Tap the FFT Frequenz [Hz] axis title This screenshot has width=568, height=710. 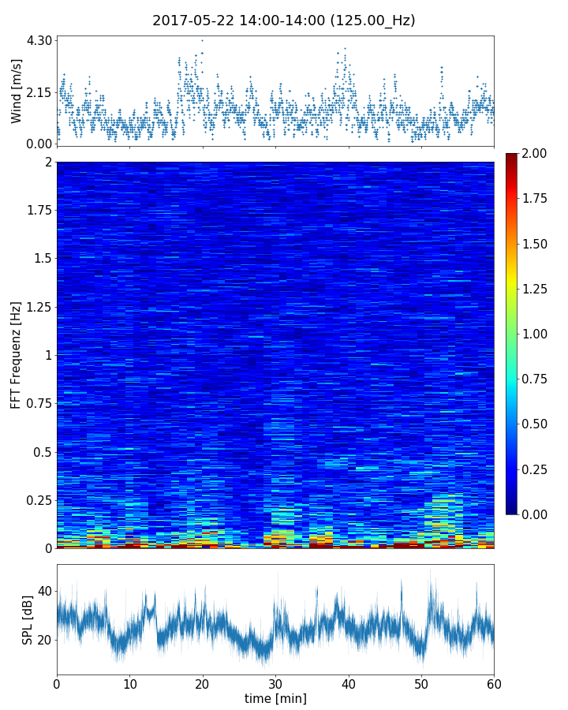(17, 355)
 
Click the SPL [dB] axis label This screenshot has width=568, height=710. (28, 620)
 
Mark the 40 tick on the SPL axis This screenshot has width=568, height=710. (45, 591)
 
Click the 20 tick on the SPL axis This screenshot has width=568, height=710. (45, 639)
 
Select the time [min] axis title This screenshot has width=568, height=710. (275, 698)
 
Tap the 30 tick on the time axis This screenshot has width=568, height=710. (275, 682)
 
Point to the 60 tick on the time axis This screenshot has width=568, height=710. (494, 682)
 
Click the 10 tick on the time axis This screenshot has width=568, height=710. (129, 682)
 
